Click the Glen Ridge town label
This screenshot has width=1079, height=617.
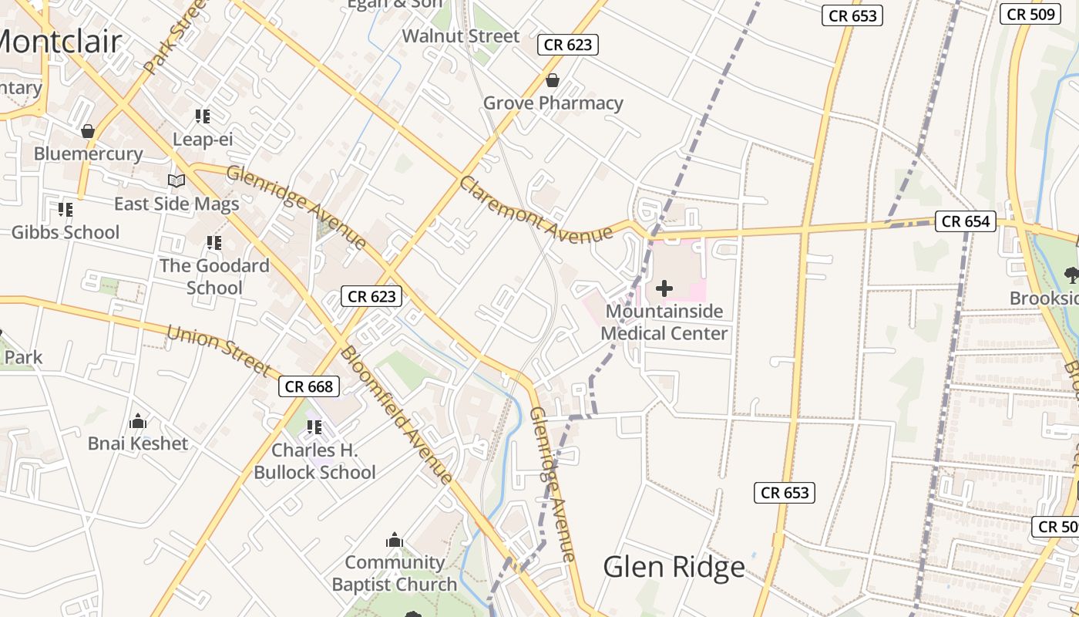pos(674,567)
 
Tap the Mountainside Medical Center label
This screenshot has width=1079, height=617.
pos(664,322)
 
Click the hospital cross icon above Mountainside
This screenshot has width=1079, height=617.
pos(664,289)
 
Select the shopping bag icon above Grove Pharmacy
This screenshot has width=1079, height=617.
pos(553,80)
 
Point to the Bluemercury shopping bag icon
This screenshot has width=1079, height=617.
pos(88,131)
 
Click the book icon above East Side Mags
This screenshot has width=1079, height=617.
pos(176,180)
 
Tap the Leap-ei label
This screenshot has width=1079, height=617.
pos(203,140)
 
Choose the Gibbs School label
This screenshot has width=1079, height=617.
pos(66,232)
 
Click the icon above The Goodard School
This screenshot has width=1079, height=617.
pos(213,243)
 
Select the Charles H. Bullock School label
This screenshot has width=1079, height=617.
pos(314,461)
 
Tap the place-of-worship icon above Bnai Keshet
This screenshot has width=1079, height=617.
pos(138,421)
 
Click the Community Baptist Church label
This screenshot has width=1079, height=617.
pos(395,573)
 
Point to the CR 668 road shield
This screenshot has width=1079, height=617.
pos(309,386)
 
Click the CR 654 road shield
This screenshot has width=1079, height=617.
pos(966,221)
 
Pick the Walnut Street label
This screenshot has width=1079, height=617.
pos(461,36)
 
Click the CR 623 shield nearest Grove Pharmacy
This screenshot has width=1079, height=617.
pos(568,45)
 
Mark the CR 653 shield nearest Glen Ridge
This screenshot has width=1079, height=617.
pos(785,493)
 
